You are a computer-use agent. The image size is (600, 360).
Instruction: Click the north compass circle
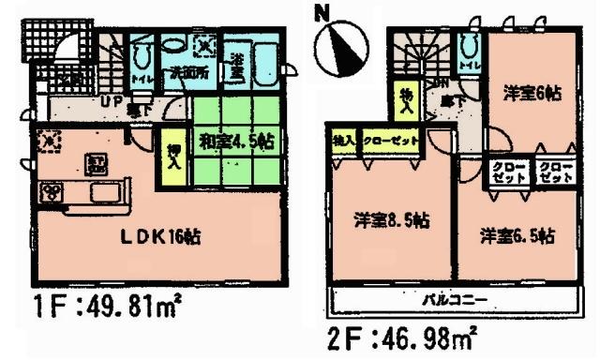click(340, 52)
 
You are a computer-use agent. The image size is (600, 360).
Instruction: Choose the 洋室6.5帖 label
click(515, 235)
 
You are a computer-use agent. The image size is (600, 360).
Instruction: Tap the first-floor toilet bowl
click(141, 53)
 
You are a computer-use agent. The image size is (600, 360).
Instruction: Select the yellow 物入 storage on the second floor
click(406, 97)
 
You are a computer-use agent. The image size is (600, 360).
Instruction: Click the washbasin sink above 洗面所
click(175, 45)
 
